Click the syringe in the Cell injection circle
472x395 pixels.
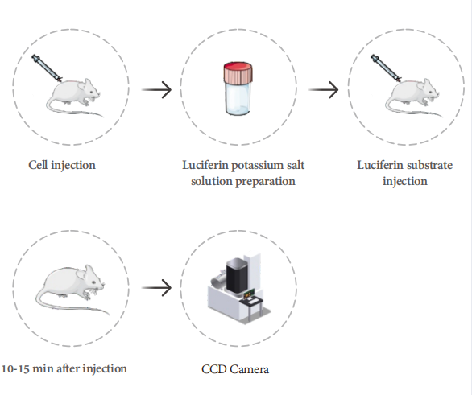(x=47, y=68)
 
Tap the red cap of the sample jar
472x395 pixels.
(x=238, y=72)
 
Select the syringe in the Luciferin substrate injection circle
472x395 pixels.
(x=386, y=68)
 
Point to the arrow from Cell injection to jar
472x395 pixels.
(x=156, y=89)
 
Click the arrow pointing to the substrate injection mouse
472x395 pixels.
(x=324, y=89)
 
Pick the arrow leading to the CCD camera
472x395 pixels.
(x=156, y=288)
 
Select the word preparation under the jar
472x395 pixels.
(x=265, y=181)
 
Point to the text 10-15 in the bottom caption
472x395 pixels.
(x=15, y=368)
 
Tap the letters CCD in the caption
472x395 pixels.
(x=213, y=369)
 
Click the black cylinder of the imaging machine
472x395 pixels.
(x=237, y=276)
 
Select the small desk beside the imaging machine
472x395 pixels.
(x=253, y=305)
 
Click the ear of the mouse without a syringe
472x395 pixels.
(x=81, y=274)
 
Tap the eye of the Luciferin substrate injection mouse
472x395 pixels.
(x=431, y=88)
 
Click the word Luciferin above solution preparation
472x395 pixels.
(x=205, y=165)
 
